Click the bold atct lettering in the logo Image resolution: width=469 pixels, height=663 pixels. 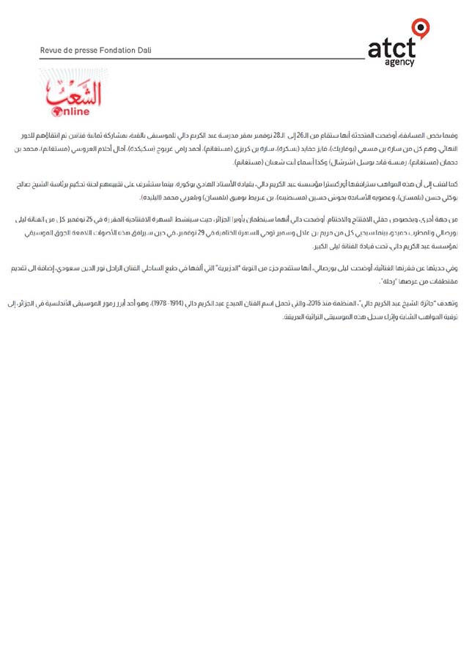pos(391,49)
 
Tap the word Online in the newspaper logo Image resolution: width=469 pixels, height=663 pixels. pos(72,111)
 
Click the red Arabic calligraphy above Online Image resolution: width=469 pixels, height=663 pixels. pos(74,94)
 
